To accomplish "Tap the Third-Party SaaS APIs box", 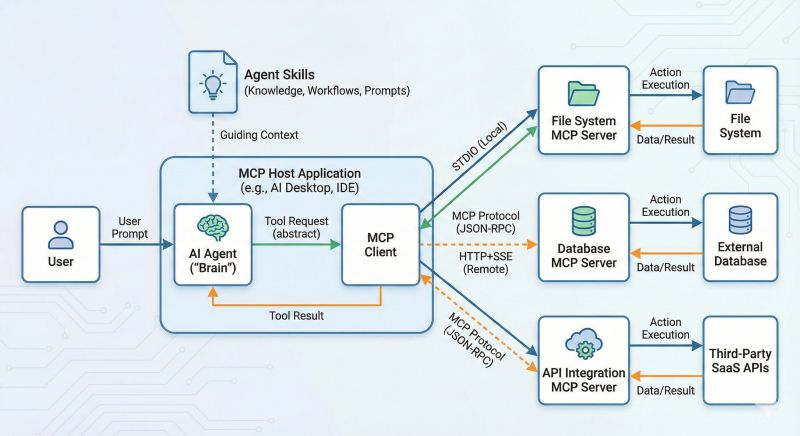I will click(740, 362).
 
